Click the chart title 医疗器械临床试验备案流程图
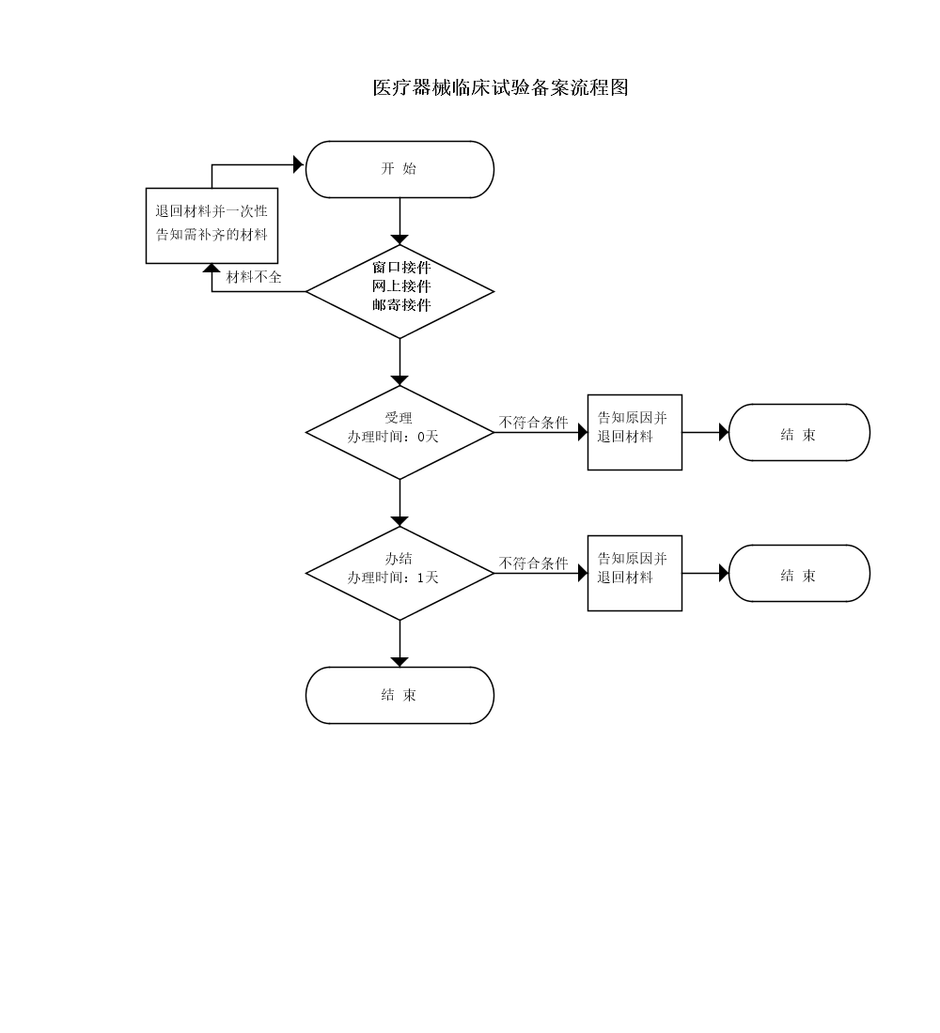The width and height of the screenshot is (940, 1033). click(500, 88)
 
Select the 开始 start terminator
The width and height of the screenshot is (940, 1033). click(399, 169)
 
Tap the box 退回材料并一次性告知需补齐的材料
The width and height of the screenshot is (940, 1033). click(211, 225)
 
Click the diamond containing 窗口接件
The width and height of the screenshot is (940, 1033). click(399, 291)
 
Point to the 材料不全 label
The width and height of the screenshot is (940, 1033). click(254, 277)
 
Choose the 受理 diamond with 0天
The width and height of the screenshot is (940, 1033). click(399, 432)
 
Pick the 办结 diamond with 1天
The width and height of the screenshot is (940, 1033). click(399, 573)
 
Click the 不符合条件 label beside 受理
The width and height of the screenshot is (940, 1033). click(533, 423)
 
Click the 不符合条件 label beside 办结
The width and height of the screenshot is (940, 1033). click(533, 563)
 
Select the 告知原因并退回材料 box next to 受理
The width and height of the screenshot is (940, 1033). click(634, 432)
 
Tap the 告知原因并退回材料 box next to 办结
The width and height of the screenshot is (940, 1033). click(634, 573)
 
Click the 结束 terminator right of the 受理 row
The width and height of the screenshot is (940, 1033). click(799, 433)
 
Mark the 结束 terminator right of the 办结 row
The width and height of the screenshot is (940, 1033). click(799, 574)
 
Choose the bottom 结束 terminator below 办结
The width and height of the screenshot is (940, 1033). click(399, 695)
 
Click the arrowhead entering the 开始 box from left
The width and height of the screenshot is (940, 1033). click(299, 164)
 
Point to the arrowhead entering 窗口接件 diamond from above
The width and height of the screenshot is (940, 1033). click(399, 239)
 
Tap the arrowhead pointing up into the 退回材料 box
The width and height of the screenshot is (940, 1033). click(211, 270)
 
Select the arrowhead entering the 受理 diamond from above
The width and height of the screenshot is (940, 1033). click(399, 379)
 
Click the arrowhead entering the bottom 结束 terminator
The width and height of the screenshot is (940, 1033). click(399, 661)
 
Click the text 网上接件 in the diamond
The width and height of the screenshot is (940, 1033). click(401, 285)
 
